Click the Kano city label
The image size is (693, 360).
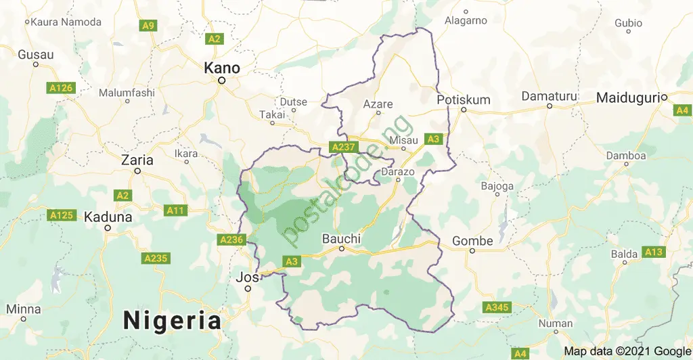(x=222, y=68)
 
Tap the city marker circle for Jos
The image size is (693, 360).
(x=248, y=289)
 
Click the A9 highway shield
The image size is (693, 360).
(x=148, y=26)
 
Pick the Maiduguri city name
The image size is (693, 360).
(x=627, y=99)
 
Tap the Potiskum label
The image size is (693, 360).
(x=464, y=99)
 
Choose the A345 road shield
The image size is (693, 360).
(x=496, y=308)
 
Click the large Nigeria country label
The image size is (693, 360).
(x=173, y=319)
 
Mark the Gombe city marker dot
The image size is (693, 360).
(x=472, y=251)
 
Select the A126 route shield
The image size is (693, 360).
(x=60, y=88)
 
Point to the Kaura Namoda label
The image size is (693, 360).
(x=66, y=22)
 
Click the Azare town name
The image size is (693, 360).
(x=378, y=104)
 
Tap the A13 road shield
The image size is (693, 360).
(x=654, y=252)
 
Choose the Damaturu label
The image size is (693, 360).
(x=549, y=97)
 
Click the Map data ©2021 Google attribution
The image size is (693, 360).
(x=627, y=351)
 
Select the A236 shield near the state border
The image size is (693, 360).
(x=230, y=240)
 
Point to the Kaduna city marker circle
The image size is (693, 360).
(x=108, y=228)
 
